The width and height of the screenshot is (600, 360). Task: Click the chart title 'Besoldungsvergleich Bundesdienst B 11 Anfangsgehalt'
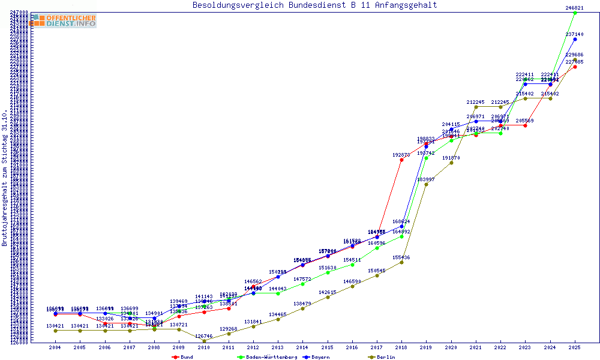click(314, 5)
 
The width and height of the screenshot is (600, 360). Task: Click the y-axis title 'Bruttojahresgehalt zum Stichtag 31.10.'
click(5, 178)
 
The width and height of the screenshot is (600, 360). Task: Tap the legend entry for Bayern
click(319, 357)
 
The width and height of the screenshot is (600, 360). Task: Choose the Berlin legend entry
click(386, 357)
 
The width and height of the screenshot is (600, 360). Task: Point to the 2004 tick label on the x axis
click(55, 347)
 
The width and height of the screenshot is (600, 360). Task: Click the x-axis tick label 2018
click(401, 347)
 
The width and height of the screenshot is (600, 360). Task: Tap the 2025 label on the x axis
click(575, 347)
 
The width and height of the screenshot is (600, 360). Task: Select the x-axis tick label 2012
click(253, 347)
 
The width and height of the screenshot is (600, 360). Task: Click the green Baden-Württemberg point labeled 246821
click(575, 13)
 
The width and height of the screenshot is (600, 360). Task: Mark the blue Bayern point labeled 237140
click(575, 39)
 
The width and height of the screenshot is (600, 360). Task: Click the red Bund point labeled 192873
click(401, 160)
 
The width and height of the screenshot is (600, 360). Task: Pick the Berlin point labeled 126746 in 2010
click(203, 341)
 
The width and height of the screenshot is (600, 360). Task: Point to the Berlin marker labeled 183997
click(426, 184)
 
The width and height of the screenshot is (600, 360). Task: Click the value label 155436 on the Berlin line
click(401, 257)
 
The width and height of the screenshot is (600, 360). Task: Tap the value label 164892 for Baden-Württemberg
click(401, 232)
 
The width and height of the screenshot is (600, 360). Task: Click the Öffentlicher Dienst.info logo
click(64, 20)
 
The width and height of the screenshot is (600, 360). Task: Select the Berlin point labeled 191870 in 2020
click(451, 163)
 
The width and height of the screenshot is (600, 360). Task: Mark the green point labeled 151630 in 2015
click(327, 272)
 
